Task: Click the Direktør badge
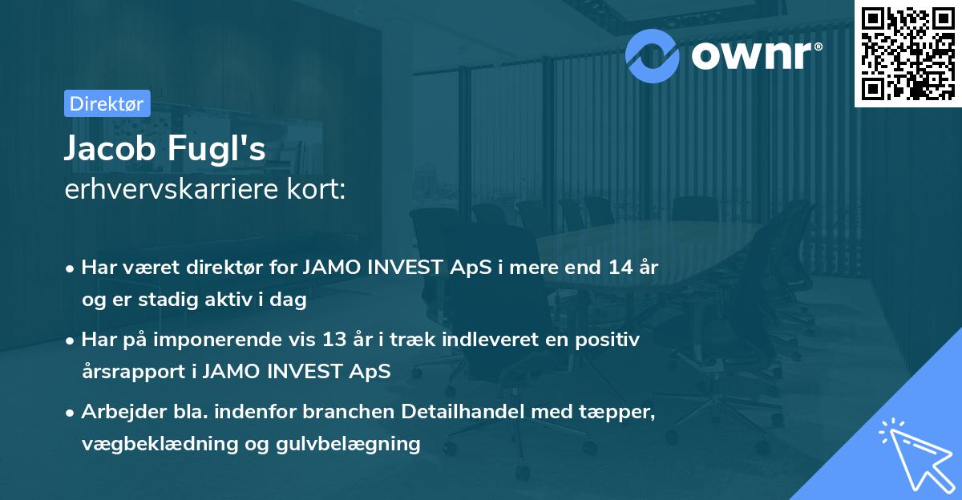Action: [107, 103]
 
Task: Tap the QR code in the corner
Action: [907, 53]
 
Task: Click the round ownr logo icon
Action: [653, 54]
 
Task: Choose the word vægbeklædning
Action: [147, 443]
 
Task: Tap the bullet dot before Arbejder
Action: [71, 413]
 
